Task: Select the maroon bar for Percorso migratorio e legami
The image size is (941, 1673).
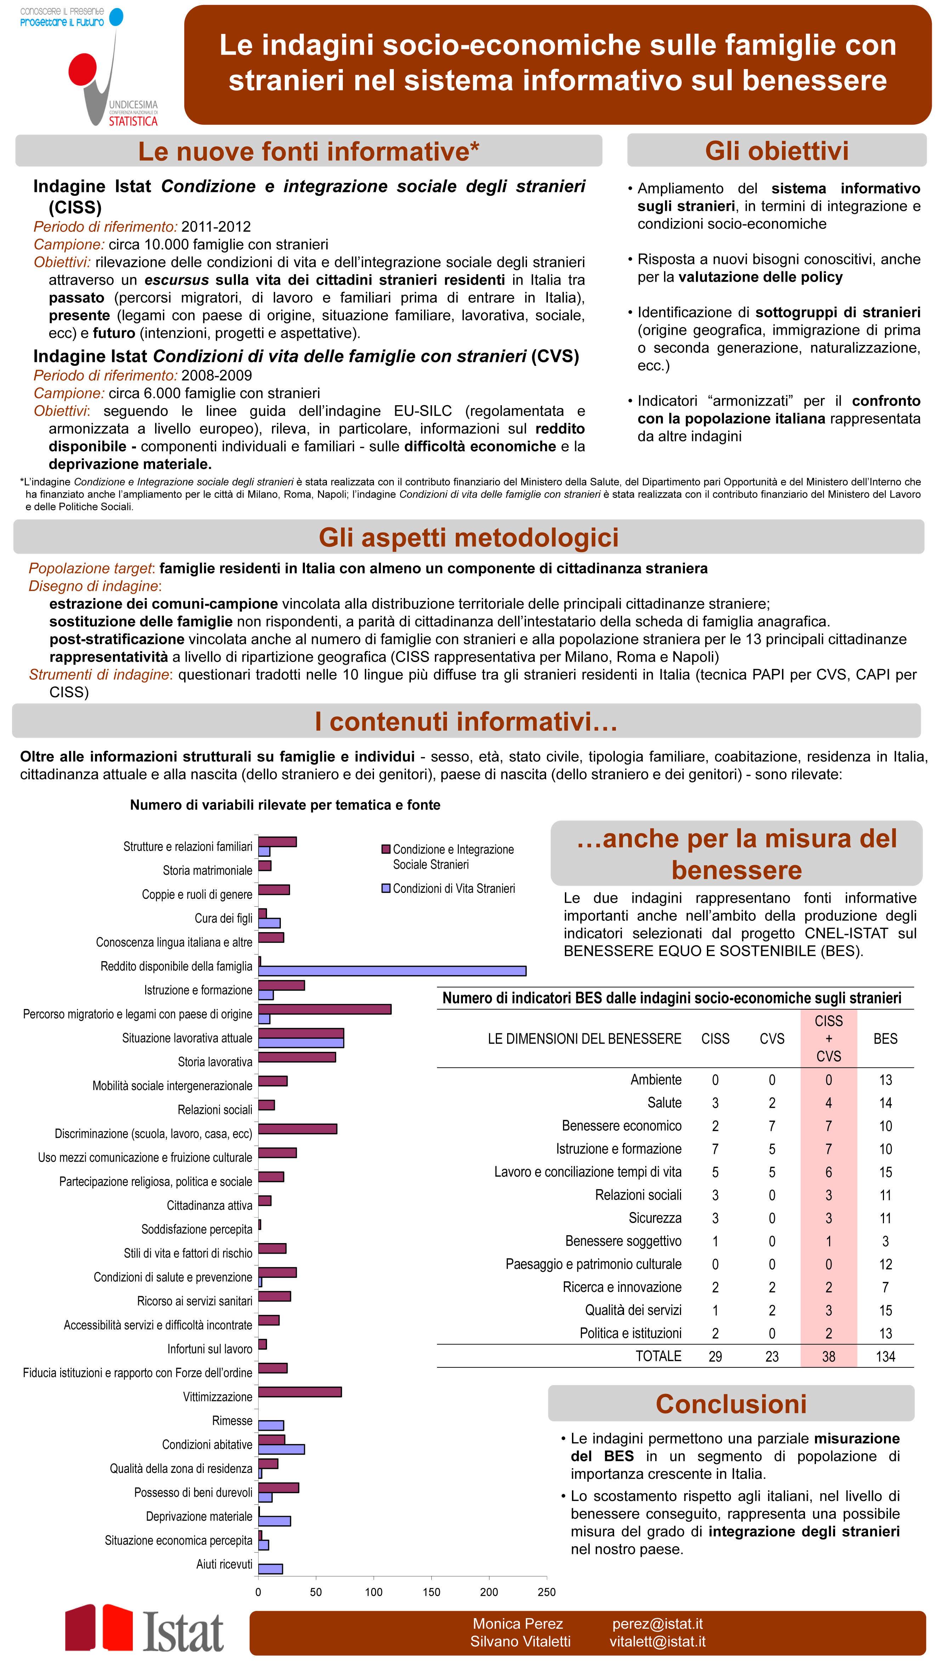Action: tap(325, 1009)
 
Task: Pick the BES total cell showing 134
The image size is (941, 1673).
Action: tap(885, 1356)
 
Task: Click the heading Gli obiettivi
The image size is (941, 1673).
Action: tap(777, 151)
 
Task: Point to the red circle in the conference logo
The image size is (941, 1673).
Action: tap(83, 69)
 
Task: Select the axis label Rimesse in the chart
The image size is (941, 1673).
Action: tap(232, 1420)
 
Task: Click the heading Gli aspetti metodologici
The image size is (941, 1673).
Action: tap(468, 537)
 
